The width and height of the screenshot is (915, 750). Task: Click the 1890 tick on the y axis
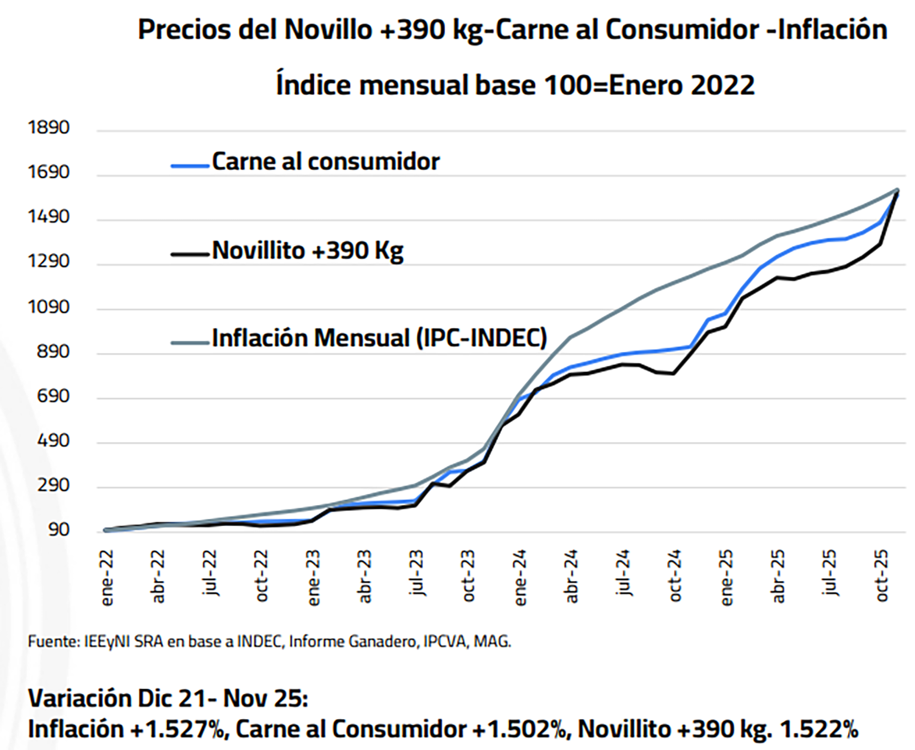click(49, 128)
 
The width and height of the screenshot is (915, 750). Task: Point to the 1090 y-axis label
click(49, 307)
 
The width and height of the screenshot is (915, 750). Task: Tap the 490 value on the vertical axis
click(53, 441)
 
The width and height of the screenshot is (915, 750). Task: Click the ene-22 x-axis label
click(107, 578)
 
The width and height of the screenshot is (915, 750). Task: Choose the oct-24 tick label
click(675, 576)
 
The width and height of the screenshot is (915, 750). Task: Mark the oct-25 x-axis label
click(882, 576)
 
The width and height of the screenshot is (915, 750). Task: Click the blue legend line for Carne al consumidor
click(190, 166)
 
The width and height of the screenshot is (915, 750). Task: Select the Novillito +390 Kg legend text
click(307, 250)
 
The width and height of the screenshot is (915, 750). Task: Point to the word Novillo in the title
click(328, 30)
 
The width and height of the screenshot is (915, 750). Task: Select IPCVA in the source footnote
click(446, 642)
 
